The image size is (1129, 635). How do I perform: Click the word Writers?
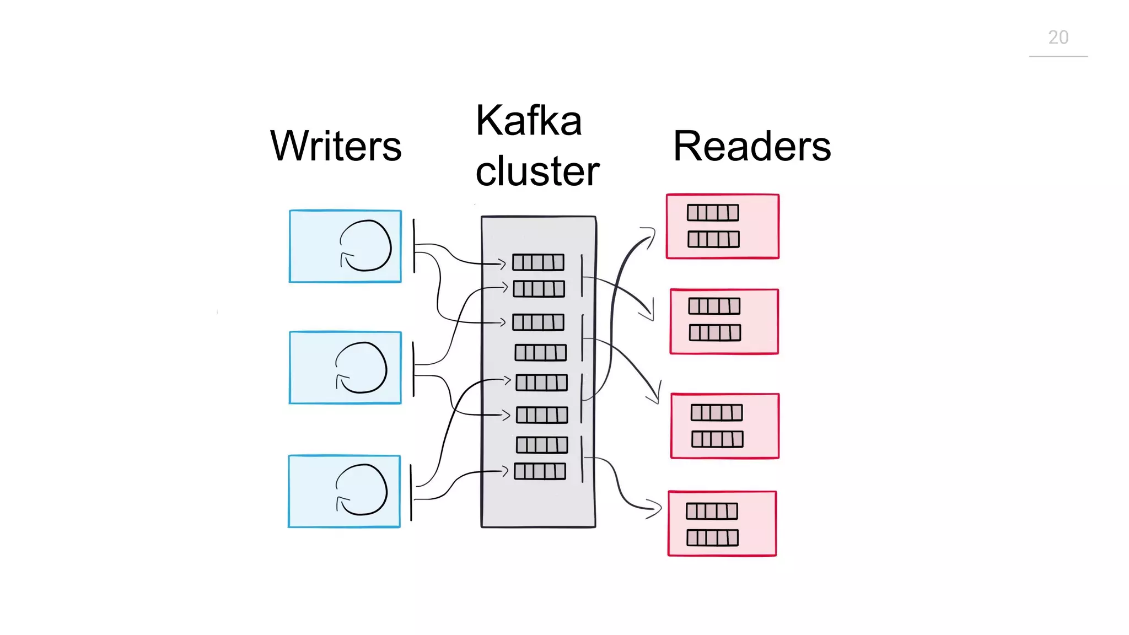point(336,146)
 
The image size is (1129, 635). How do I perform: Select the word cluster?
point(537,171)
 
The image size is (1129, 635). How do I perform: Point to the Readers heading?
point(752,146)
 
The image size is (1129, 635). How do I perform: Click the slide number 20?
point(1058,37)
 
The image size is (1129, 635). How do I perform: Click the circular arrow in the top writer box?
point(365,246)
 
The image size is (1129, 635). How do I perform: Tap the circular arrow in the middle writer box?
point(361,368)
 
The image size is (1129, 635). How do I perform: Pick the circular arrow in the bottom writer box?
point(362,490)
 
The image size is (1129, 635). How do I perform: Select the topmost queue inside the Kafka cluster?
point(538,262)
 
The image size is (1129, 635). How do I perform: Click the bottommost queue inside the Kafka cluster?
point(540,471)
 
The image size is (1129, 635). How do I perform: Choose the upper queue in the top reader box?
point(713,213)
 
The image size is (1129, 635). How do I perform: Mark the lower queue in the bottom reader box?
point(712,537)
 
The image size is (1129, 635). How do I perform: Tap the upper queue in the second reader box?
point(714,306)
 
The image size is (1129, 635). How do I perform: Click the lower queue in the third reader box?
point(717,439)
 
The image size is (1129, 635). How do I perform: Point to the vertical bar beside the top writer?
point(414,246)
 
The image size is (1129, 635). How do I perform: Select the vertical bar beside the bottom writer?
point(411,492)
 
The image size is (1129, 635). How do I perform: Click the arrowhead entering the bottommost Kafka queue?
point(504,471)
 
